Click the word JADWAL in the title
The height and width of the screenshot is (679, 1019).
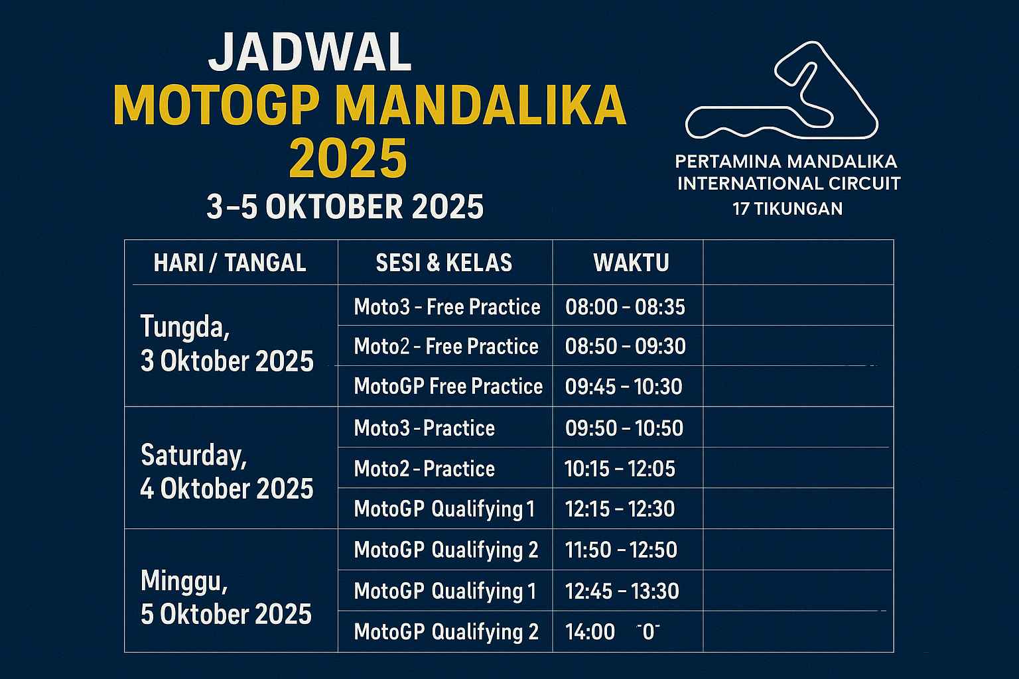click(310, 52)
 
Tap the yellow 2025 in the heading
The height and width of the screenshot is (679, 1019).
click(348, 158)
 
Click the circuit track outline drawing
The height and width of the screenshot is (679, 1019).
click(781, 90)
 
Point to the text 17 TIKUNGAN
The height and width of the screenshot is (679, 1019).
click(787, 209)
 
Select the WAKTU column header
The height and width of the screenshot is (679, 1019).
click(631, 263)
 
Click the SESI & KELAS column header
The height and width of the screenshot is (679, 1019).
click(444, 263)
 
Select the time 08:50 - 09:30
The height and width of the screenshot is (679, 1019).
click(626, 347)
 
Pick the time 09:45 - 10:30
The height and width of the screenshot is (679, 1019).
click(624, 387)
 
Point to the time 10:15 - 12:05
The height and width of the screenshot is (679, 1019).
click(620, 468)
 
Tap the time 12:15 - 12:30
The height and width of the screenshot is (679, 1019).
click(620, 509)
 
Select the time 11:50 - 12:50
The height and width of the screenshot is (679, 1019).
click(622, 550)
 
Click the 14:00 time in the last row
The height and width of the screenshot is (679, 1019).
click(590, 632)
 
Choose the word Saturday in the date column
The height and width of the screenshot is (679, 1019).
click(194, 456)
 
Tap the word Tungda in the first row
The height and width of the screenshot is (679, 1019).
click(185, 327)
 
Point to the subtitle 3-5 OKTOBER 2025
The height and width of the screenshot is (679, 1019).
click(345, 207)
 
